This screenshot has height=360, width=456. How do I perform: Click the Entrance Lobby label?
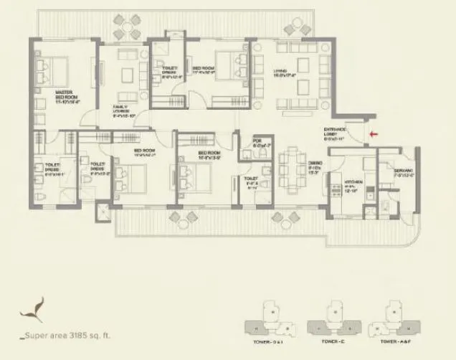tap(335, 133)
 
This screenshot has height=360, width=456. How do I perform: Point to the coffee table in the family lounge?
tap(128, 76)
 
